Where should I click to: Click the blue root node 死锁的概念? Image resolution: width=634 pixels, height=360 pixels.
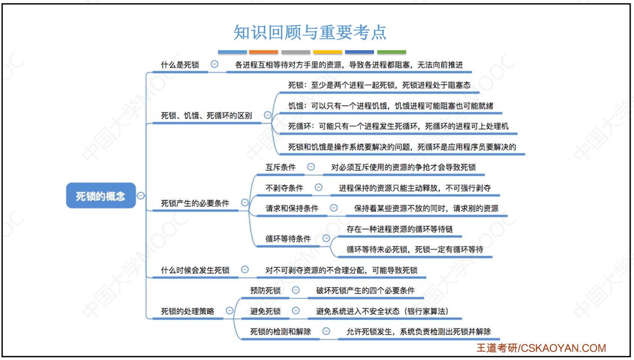101,196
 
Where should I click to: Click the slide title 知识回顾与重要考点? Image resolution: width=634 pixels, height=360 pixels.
310,32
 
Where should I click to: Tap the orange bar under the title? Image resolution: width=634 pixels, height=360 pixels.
263,52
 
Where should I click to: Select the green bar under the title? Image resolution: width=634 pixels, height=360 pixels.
392,52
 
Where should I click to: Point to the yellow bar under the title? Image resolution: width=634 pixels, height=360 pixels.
328,52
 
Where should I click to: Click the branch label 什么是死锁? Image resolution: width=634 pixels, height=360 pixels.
180,65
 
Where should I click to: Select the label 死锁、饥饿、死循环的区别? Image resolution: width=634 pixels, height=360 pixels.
206,115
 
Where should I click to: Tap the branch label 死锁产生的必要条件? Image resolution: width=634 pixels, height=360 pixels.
195,203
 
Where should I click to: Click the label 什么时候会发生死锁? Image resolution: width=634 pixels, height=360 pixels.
195,270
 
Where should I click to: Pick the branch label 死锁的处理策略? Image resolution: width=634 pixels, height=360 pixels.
187,311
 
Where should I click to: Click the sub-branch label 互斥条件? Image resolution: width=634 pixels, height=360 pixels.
281,167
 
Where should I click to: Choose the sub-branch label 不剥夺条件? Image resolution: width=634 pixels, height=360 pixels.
284,188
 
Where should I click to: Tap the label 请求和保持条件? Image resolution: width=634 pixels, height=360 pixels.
292,209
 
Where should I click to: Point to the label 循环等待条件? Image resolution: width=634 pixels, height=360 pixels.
288,239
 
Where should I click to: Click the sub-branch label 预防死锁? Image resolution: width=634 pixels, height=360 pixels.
265,291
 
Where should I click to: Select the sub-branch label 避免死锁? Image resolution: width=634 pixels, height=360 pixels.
265,311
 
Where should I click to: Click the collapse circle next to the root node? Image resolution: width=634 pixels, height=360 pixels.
141,196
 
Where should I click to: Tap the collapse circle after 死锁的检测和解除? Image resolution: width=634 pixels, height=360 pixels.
326,331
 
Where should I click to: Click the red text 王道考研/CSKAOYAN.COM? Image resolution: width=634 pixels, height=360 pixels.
541,348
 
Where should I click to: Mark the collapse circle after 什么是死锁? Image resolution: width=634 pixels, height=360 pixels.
215,64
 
